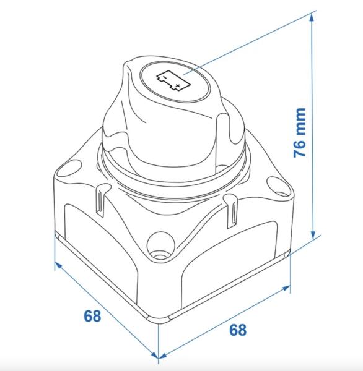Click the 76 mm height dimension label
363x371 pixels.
[300, 132]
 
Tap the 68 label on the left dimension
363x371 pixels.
[92, 315]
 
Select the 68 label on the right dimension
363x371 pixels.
[238, 330]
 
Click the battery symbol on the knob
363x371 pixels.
[173, 80]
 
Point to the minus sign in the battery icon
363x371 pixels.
[165, 77]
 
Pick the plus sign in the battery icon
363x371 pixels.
[178, 85]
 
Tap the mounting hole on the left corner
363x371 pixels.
[69, 168]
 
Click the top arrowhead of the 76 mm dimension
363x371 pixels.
[312, 17]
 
